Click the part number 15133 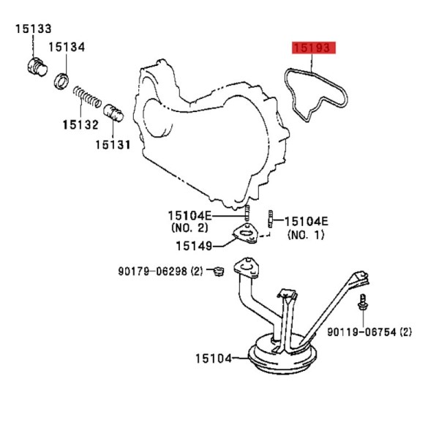click(34, 29)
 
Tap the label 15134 click(67, 47)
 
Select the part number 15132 click(80, 124)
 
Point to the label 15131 click(113, 145)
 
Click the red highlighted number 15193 click(314, 48)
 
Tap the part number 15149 click(194, 246)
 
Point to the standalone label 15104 click(214, 359)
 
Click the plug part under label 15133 click(37, 67)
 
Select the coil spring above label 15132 click(87, 97)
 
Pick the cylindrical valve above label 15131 click(113, 113)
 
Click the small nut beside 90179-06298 click(218, 271)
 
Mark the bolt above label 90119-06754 click(363, 302)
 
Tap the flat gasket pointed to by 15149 click(246, 233)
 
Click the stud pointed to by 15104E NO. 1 click(271, 219)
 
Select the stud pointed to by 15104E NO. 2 click(247, 213)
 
